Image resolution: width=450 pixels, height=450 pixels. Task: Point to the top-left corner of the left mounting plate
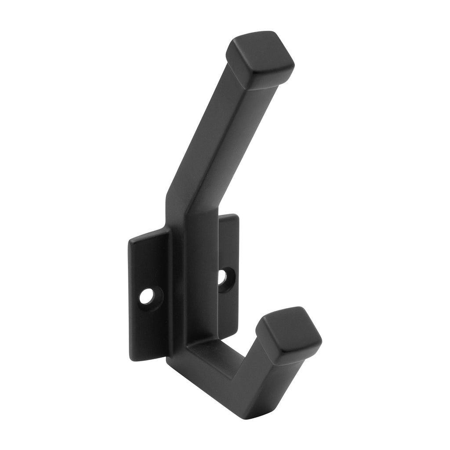pyautogui.click(x=128, y=241)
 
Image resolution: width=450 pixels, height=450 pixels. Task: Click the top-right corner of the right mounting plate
pyautogui.click(x=238, y=215)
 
